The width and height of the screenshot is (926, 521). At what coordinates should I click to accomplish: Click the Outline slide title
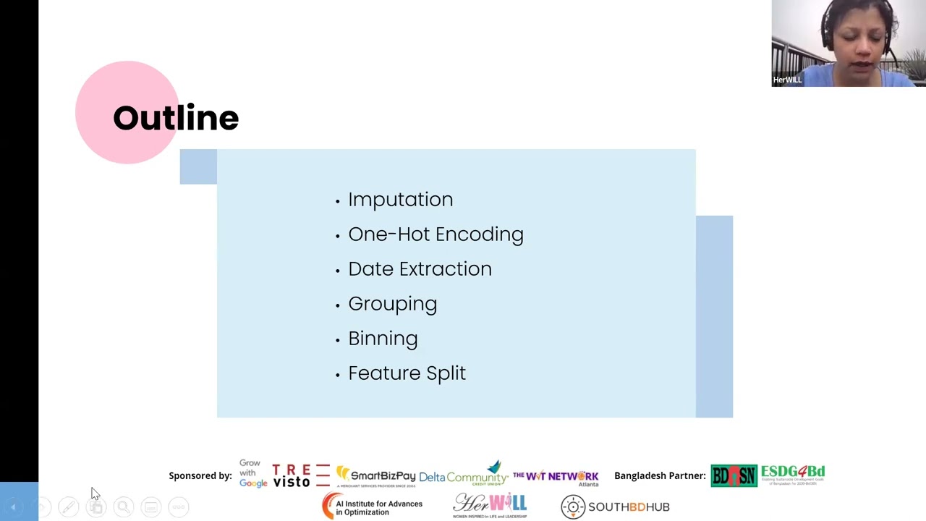[175, 118]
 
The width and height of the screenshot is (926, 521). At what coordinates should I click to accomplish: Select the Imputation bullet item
[400, 200]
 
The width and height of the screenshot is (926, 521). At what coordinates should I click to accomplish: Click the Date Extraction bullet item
[420, 269]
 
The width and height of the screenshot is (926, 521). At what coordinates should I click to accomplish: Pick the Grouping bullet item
[392, 304]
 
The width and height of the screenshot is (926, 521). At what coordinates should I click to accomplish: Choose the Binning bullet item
[383, 339]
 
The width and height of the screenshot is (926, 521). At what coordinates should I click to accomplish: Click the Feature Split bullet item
[407, 373]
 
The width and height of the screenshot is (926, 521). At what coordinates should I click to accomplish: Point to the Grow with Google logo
[252, 473]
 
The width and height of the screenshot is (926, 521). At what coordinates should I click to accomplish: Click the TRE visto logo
[300, 475]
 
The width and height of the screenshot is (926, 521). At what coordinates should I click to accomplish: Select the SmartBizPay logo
[375, 476]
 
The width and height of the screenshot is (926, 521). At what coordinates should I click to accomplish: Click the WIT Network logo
[556, 477]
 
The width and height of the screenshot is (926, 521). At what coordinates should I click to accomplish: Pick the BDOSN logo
[734, 475]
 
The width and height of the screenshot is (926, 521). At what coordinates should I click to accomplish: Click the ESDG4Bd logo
[793, 474]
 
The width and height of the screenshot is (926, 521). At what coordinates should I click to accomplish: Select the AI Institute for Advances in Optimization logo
[372, 506]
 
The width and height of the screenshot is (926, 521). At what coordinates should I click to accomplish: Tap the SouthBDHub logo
[616, 507]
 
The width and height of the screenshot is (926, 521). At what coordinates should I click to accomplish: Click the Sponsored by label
[200, 475]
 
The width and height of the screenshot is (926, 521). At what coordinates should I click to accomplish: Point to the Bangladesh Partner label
[660, 475]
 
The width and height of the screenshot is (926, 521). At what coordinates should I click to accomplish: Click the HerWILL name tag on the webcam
[787, 80]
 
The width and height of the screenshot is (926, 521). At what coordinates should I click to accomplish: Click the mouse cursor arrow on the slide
[94, 493]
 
